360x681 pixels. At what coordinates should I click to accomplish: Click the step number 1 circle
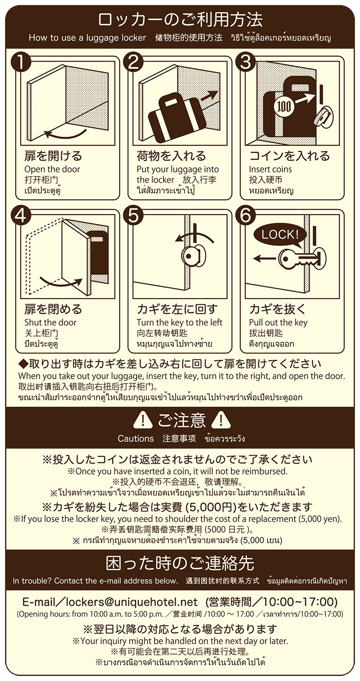click(x=20, y=63)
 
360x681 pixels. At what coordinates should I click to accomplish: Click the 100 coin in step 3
click(x=284, y=106)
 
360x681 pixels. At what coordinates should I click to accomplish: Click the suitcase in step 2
click(x=174, y=119)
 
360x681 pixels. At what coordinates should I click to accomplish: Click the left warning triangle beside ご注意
click(x=143, y=420)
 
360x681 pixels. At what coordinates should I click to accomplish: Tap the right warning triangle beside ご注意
click(x=221, y=420)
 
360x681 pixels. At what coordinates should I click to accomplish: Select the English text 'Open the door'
click(x=52, y=169)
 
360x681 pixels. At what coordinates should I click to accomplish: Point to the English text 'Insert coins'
click(x=270, y=169)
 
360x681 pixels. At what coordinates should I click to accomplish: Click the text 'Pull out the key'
click(x=278, y=323)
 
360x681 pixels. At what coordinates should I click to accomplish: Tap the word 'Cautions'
click(x=135, y=439)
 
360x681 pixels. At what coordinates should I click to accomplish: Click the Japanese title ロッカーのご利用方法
click(x=180, y=20)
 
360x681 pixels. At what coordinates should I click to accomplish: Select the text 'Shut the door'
click(x=50, y=323)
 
